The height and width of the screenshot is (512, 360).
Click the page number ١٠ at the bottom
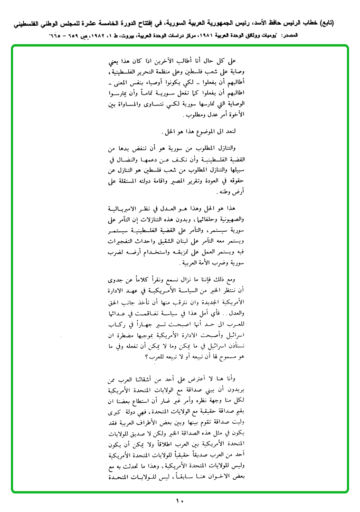[179, 501]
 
